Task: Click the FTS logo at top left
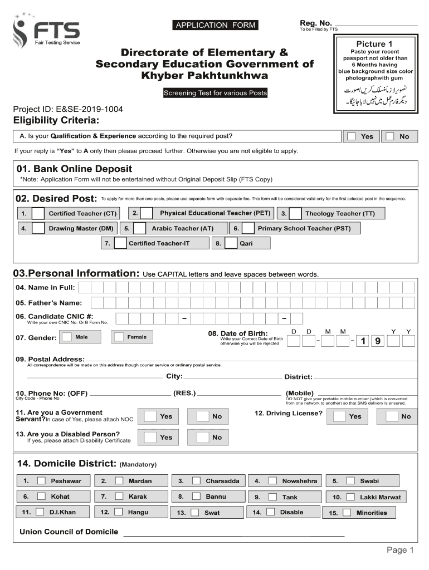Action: point(47,31)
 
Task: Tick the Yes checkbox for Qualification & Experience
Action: point(352,136)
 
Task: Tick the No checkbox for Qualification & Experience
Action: point(391,136)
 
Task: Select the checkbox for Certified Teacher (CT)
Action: point(38,214)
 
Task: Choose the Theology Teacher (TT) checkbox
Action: point(295,214)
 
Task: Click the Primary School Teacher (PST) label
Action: point(304,228)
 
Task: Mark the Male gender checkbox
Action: point(67,337)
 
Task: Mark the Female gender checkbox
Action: point(118,337)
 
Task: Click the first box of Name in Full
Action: point(84,287)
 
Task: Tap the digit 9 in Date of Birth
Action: point(378,341)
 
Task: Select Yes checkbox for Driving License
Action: point(339,416)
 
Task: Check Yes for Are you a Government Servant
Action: point(150,416)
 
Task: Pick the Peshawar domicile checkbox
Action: point(41,481)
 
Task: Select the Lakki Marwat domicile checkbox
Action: point(350,497)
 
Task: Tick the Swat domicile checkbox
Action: point(195,513)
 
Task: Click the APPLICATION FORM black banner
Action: point(216,24)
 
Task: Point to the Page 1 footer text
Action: point(400,550)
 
